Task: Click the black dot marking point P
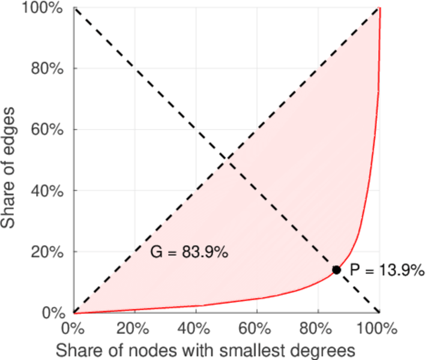click(336, 270)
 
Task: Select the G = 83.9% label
click(188, 253)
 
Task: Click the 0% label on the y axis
click(53, 313)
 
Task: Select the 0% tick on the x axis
click(74, 329)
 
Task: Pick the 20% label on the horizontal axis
click(134, 329)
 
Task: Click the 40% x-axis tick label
click(196, 329)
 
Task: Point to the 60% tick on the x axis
click(257, 329)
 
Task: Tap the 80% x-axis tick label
click(318, 329)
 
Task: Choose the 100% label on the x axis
click(378, 329)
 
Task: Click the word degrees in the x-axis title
click(318, 349)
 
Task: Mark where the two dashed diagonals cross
click(226, 160)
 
